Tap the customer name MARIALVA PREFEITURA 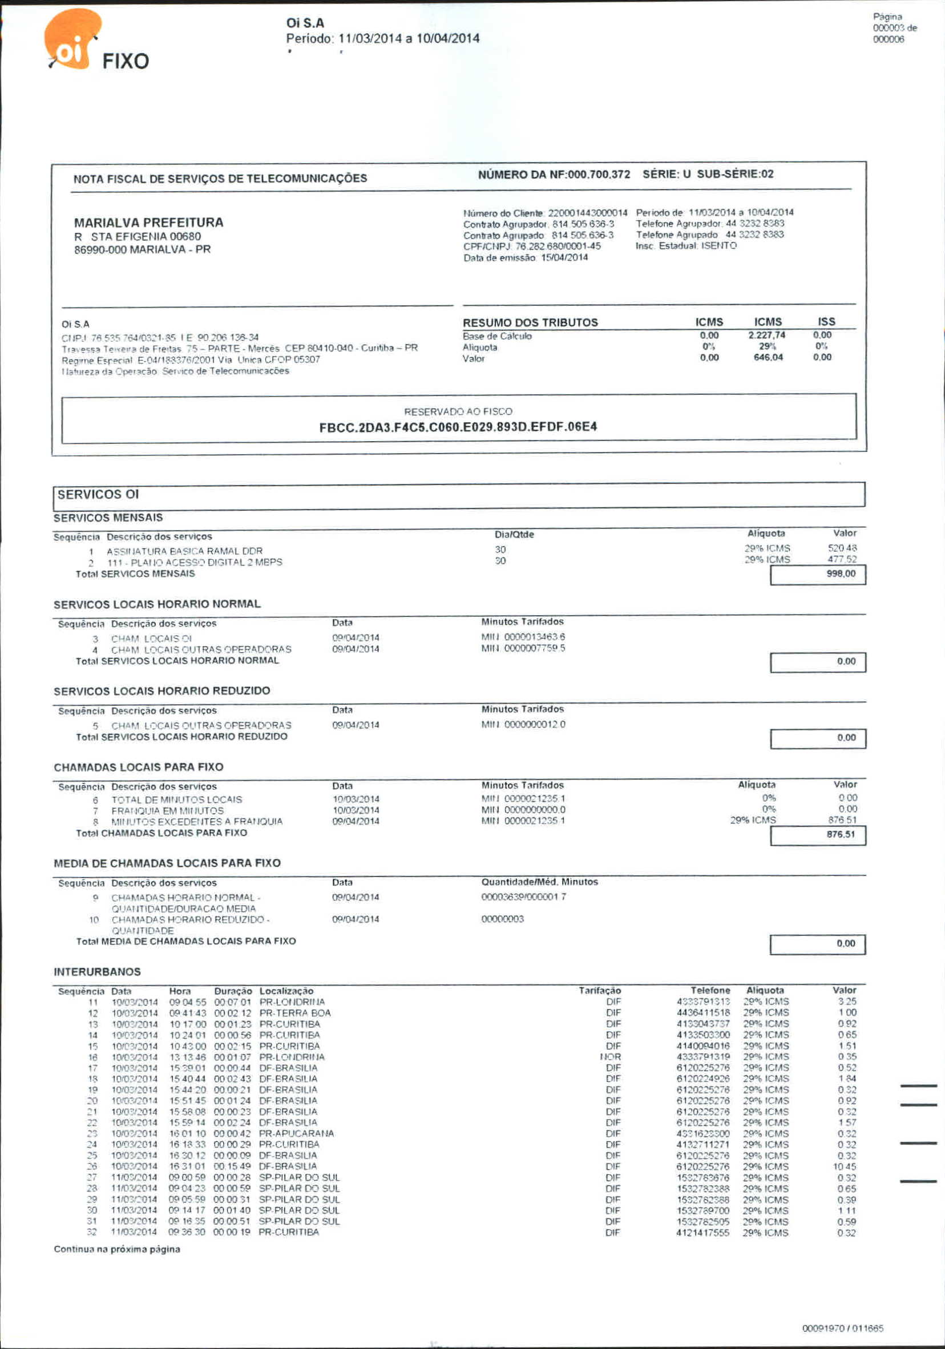coord(148,223)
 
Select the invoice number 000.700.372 coord(599,175)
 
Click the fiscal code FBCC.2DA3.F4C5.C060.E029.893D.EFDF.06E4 coord(458,427)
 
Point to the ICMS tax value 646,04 coord(768,357)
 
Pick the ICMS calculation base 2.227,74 coord(767,335)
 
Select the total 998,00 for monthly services coord(841,573)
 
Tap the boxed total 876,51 coord(841,834)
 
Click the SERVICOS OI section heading coord(98,494)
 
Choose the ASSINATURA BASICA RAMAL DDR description coord(184,551)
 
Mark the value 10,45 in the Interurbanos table coord(845,1166)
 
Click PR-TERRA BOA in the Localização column coord(295,1013)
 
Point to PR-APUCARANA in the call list coord(296,1133)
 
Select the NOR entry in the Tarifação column coord(611,1057)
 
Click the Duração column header coord(233,991)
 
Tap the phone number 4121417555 coord(703,1233)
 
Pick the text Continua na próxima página coord(117,1249)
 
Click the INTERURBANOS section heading coord(97,972)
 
